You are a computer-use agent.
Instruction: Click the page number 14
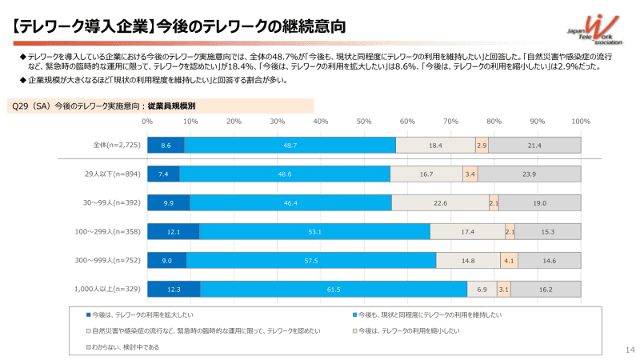point(628,350)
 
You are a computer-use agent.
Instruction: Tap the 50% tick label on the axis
point(364,122)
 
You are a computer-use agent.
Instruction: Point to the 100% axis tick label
point(581,122)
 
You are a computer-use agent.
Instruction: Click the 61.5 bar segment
point(334,289)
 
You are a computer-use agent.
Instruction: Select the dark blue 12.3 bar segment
point(174,289)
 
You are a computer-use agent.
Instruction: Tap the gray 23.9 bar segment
point(529,174)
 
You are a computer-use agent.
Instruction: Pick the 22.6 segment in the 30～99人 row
point(440,203)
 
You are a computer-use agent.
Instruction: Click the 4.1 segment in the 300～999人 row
point(509,260)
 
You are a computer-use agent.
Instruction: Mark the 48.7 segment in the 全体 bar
point(290,145)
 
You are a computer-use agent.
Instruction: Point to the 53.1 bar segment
point(314,232)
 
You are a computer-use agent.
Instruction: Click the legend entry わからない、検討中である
point(125,346)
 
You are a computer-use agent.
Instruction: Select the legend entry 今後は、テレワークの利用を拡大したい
point(141,314)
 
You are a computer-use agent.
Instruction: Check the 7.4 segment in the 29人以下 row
point(163,174)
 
